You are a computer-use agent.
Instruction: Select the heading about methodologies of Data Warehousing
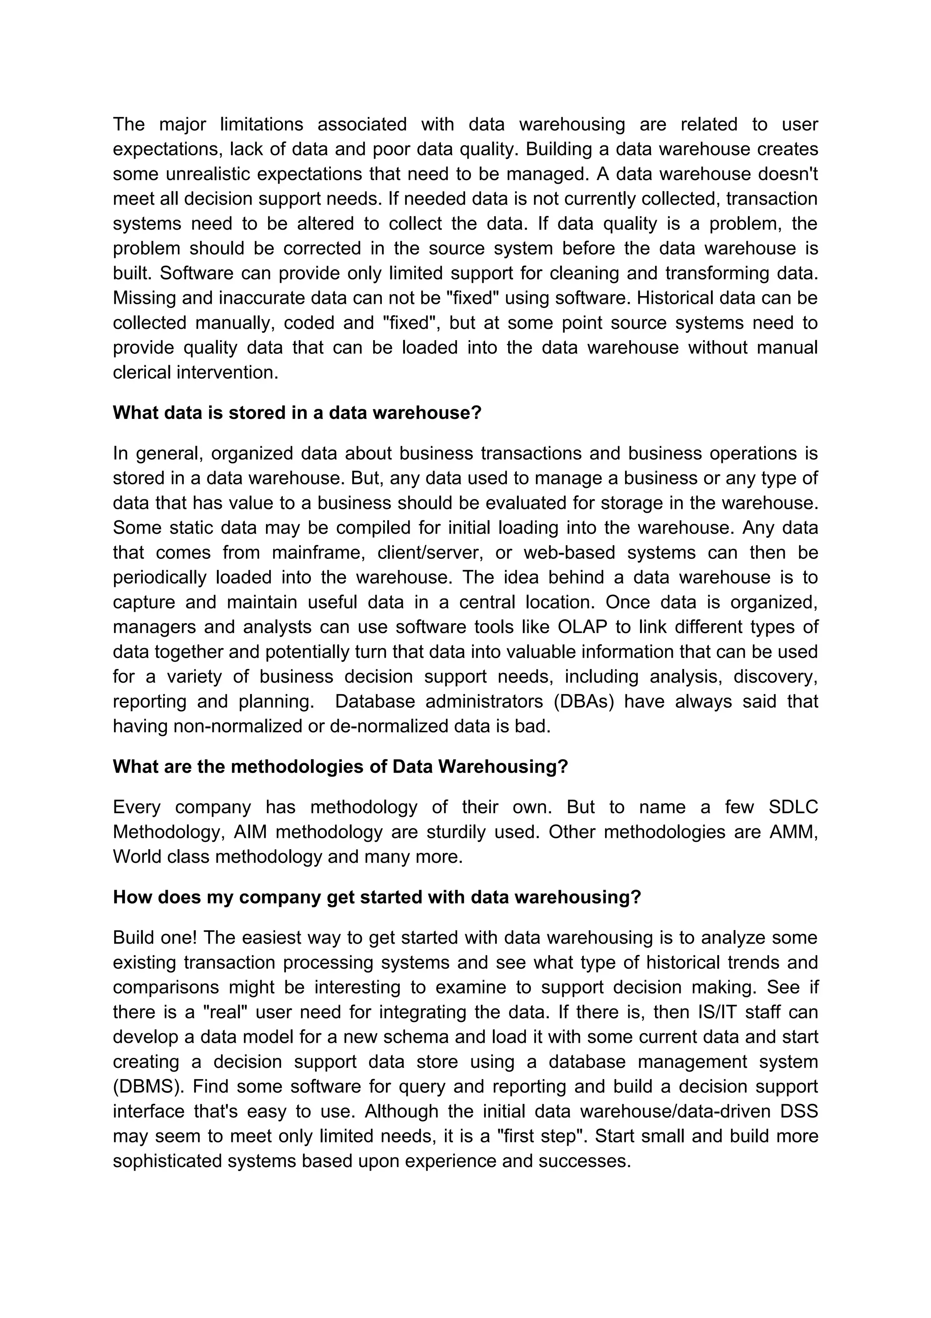coord(340,766)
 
